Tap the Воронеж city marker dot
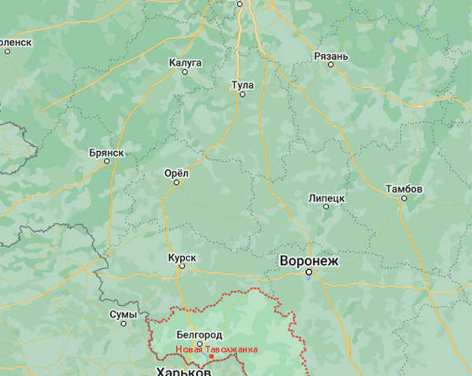pos(309,273)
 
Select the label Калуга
pos(186,61)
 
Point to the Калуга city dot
pos(186,72)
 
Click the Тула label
pos(242,83)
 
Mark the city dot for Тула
pos(242,94)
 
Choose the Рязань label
pos(330,55)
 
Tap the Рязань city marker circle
pos(331,65)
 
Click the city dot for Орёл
pos(176,182)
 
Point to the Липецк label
pos(327,198)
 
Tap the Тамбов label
pos(404,189)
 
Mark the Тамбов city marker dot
pos(404,198)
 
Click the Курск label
pos(182,257)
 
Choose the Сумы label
pos(124,314)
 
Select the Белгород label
pos(199,334)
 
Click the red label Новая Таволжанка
pos(216,348)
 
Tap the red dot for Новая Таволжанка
pos(211,356)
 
